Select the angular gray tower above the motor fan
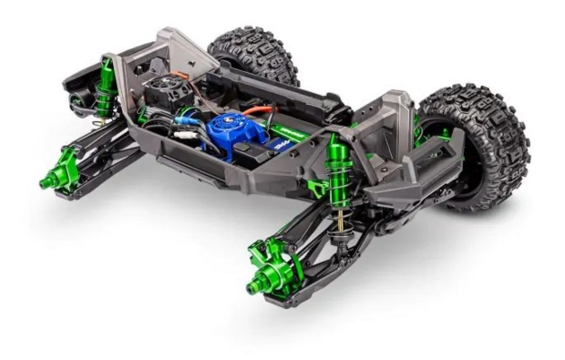click(x=187, y=50)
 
